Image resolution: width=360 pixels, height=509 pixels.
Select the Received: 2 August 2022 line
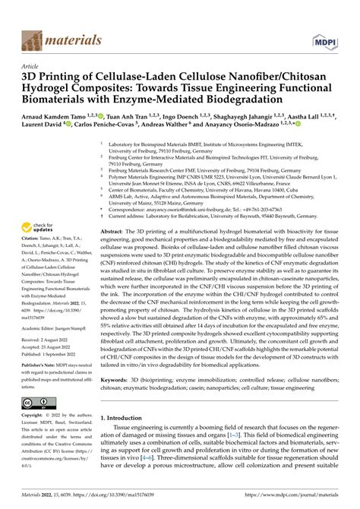[x=43, y=320]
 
